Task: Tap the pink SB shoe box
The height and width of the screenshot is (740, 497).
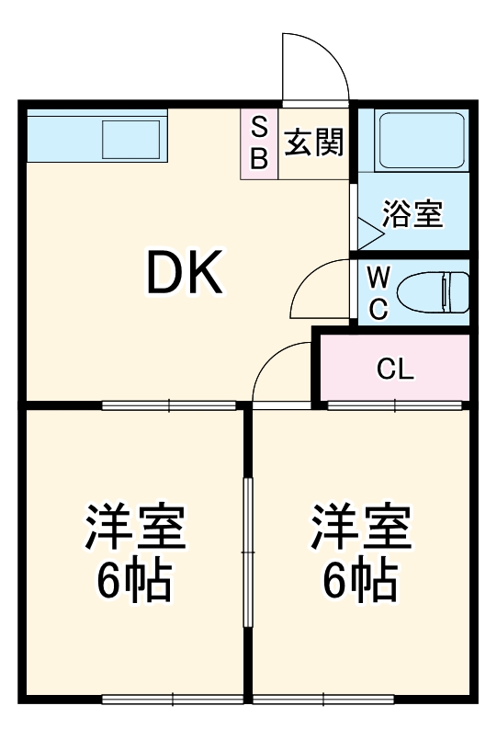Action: pyautogui.click(x=259, y=144)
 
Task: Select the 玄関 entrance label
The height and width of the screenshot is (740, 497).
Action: pyautogui.click(x=313, y=142)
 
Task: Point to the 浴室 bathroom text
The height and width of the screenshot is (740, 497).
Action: pyautogui.click(x=412, y=214)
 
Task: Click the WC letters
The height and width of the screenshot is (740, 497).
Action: pyautogui.click(x=378, y=291)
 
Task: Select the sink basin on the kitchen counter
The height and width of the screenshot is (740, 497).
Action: pyautogui.click(x=131, y=140)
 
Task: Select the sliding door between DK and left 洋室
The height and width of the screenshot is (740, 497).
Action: pyautogui.click(x=169, y=404)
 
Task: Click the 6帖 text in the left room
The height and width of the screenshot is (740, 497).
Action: pyautogui.click(x=136, y=579)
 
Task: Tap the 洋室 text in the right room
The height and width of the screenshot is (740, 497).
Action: pyautogui.click(x=360, y=527)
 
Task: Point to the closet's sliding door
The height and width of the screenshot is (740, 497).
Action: pyautogui.click(x=396, y=404)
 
